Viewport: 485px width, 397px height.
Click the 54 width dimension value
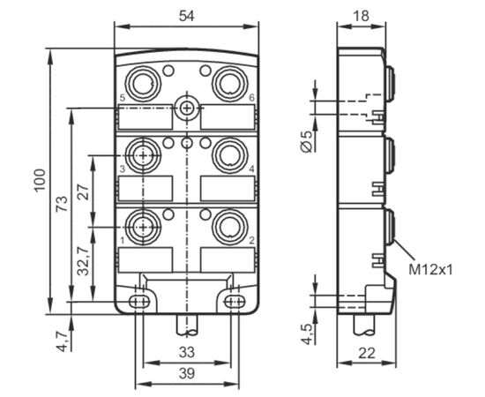(187, 16)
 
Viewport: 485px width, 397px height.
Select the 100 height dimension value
(40, 181)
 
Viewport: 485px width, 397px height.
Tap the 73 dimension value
(62, 203)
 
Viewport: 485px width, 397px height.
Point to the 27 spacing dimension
(84, 191)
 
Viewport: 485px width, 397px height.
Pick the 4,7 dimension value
(63, 341)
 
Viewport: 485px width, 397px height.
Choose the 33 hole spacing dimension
(187, 352)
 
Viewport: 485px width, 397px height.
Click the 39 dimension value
(187, 373)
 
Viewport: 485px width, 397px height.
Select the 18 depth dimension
(361, 16)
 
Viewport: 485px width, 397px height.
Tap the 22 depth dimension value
(367, 353)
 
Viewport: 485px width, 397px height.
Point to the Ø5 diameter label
(306, 142)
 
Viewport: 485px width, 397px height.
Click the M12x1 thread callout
(430, 270)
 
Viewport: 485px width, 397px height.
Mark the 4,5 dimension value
(309, 333)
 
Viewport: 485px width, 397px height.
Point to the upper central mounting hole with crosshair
(187, 108)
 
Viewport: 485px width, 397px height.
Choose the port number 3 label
(123, 169)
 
